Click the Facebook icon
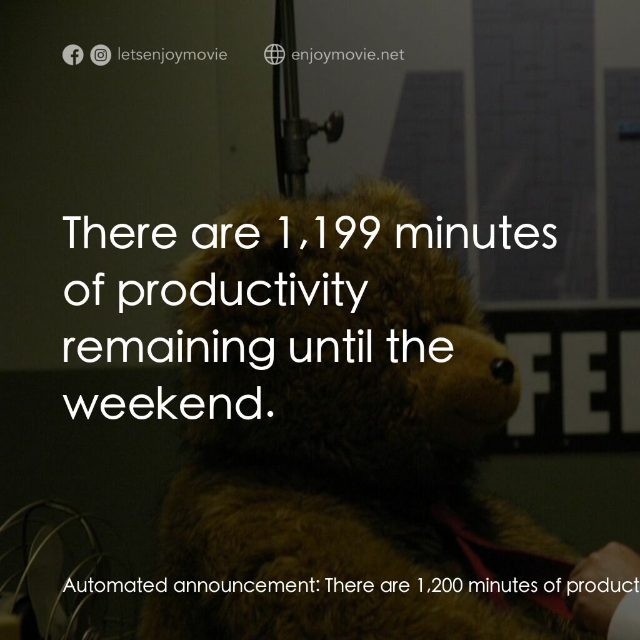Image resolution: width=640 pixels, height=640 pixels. pyautogui.click(x=73, y=55)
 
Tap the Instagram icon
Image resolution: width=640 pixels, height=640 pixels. pyautogui.click(x=101, y=55)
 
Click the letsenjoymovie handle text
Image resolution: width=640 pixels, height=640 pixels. pyautogui.click(x=172, y=55)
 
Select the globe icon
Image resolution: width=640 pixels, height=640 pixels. pyautogui.click(x=274, y=55)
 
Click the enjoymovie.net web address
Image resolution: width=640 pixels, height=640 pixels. pyautogui.click(x=347, y=55)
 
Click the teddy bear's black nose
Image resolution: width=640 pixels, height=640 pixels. pyautogui.click(x=502, y=370)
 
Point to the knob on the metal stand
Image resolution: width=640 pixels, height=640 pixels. pyautogui.click(x=333, y=126)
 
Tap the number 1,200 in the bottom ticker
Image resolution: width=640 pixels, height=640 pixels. pyautogui.click(x=437, y=586)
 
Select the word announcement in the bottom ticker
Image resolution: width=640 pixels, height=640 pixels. pyautogui.click(x=246, y=586)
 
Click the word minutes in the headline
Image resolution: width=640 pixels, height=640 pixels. pyautogui.click(x=475, y=232)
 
